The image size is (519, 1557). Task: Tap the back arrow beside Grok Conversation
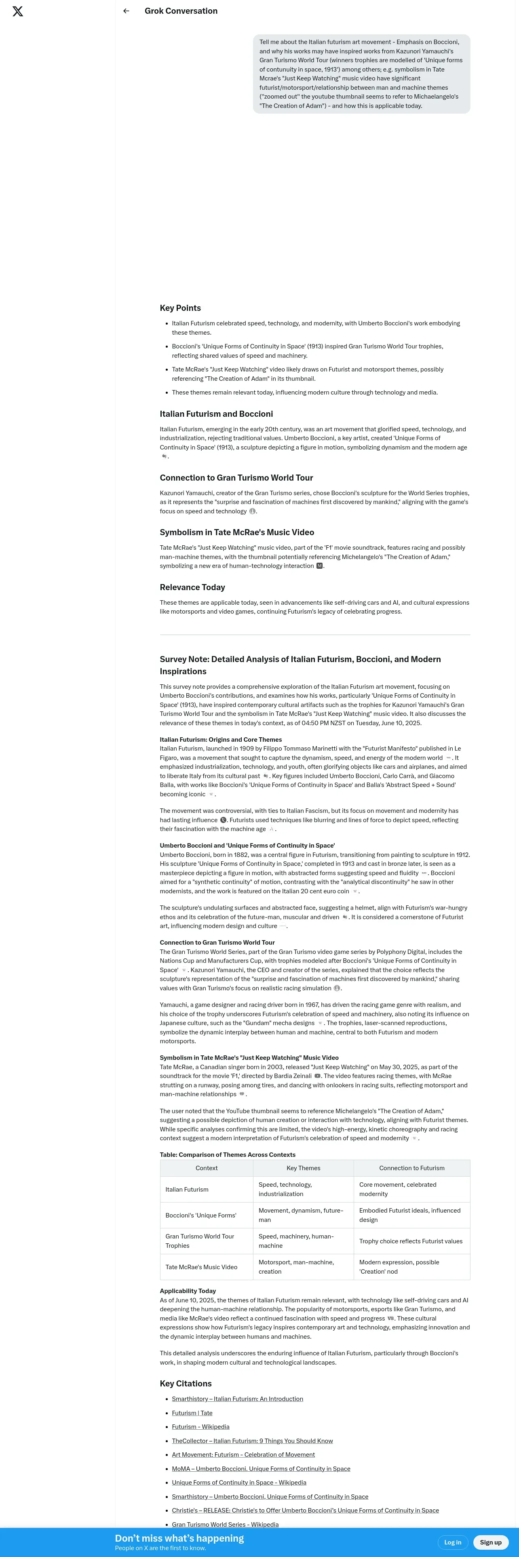click(x=126, y=11)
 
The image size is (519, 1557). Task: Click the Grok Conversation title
click(x=181, y=11)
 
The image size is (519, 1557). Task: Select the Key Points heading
click(x=180, y=308)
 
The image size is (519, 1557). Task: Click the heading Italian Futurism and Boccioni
click(x=216, y=414)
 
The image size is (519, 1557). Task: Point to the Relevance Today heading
click(x=192, y=587)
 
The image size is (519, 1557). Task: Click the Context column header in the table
click(x=207, y=1168)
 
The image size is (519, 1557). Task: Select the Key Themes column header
click(x=303, y=1168)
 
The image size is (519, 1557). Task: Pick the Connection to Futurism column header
click(x=411, y=1168)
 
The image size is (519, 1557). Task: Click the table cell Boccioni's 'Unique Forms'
click(x=200, y=1215)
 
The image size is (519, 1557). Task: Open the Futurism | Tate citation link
click(x=192, y=1413)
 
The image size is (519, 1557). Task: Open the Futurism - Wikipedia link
click(x=200, y=1427)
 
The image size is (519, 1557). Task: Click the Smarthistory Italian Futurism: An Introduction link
click(x=237, y=1399)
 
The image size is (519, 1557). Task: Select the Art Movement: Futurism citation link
click(x=243, y=1455)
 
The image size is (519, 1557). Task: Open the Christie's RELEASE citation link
click(x=305, y=1511)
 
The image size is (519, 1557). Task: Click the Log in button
click(x=453, y=1542)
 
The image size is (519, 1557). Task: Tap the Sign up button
click(x=491, y=1542)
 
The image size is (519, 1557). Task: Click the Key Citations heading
click(x=186, y=1384)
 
